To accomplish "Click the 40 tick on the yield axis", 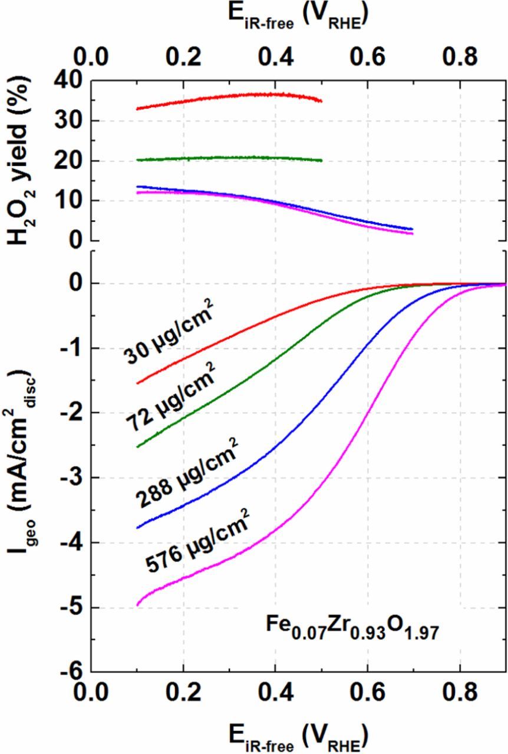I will (69, 81).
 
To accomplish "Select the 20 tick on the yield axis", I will (69, 161).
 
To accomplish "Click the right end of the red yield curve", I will (321, 101).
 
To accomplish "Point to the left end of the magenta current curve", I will (137, 605).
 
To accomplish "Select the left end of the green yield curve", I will (137, 160).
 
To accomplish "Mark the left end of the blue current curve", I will (137, 528).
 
